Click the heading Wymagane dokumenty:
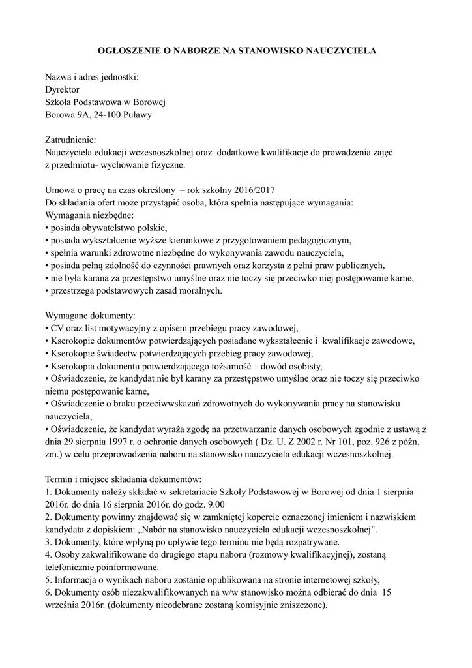click(89, 316)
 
